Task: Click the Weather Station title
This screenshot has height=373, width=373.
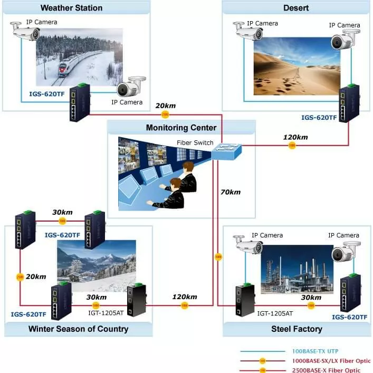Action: click(71, 8)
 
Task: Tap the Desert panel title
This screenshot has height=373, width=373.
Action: click(296, 8)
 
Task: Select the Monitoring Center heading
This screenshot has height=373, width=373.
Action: click(181, 128)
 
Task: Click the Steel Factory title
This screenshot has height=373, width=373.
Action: click(297, 329)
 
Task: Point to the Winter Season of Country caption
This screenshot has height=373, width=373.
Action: click(78, 329)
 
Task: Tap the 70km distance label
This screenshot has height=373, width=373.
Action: click(231, 192)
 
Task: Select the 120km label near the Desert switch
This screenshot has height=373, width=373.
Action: click(295, 137)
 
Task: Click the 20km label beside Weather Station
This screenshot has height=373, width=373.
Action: click(165, 106)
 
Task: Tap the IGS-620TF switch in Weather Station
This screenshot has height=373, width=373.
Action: click(78, 103)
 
